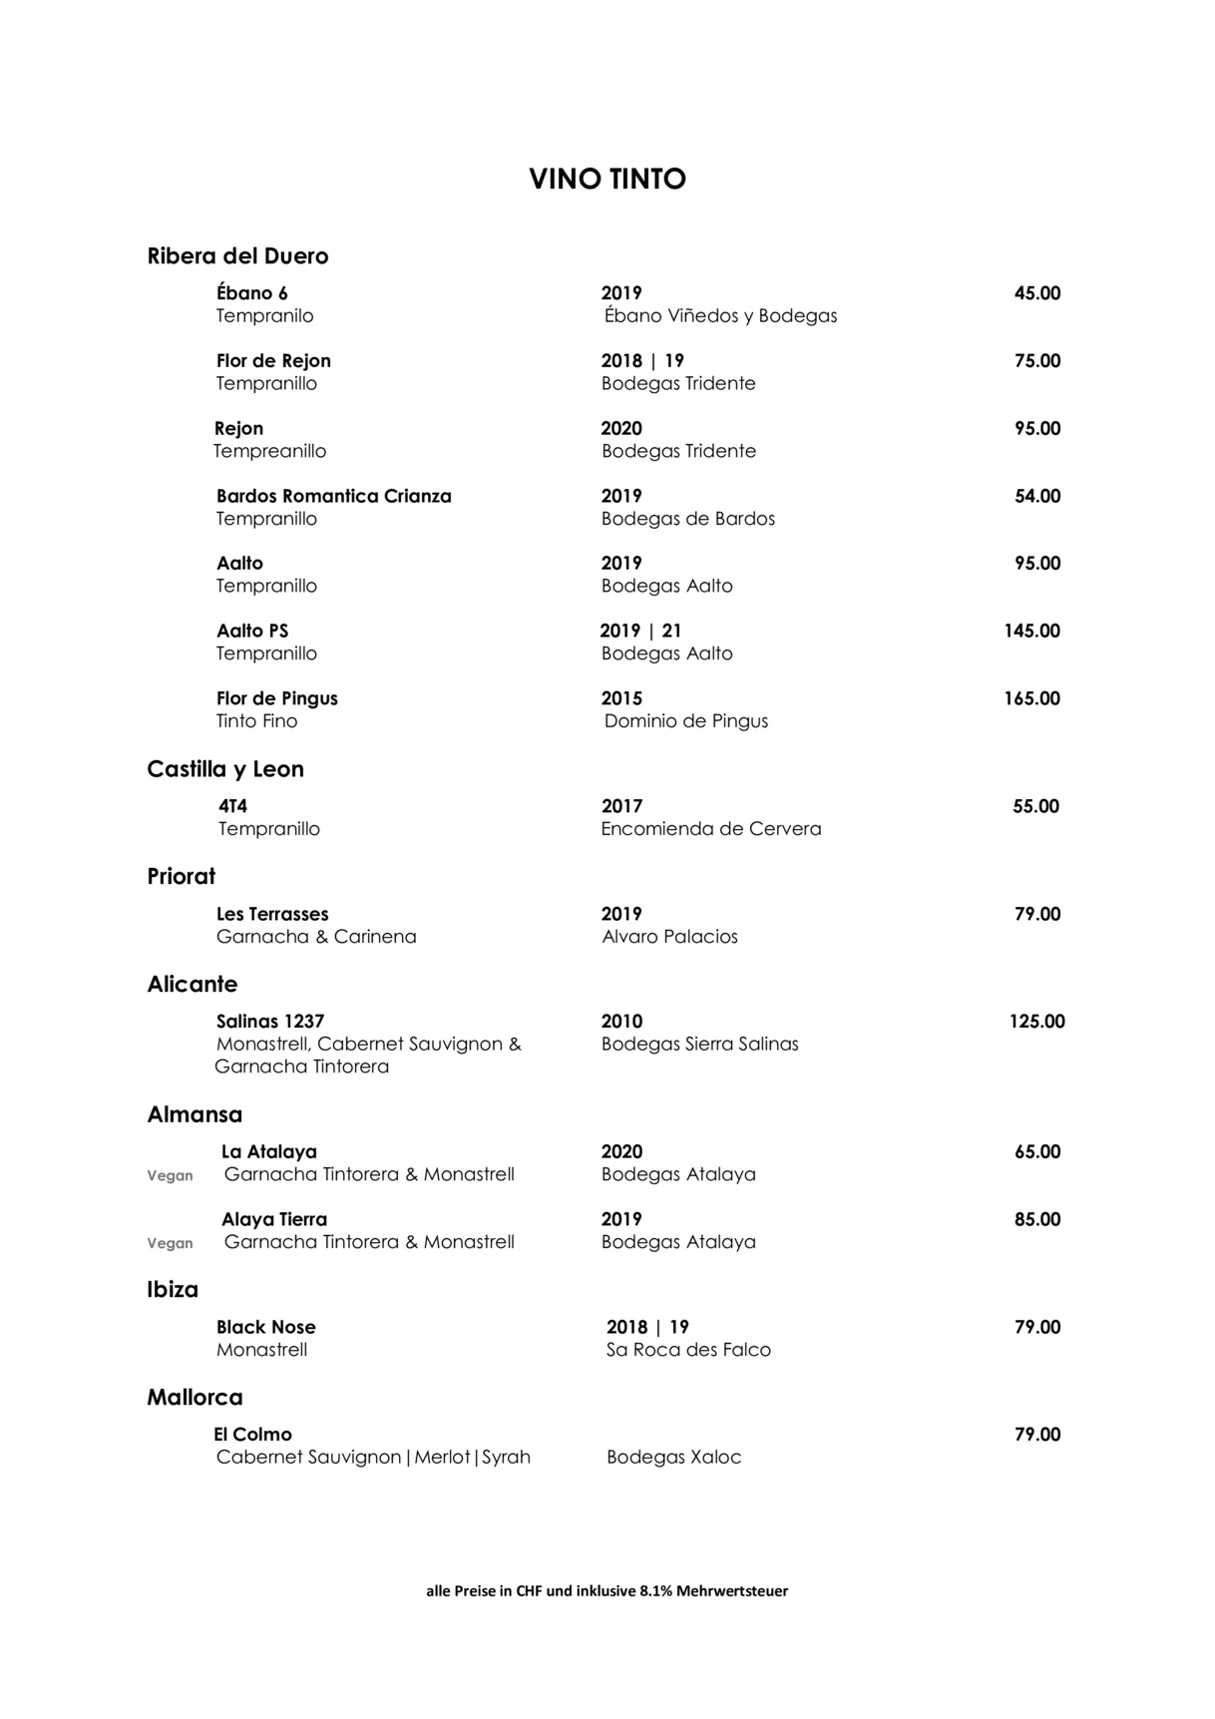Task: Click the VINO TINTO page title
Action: click(x=607, y=180)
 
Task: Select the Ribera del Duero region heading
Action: click(x=237, y=256)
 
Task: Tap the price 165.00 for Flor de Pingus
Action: click(x=1031, y=698)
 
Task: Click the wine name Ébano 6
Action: click(x=252, y=293)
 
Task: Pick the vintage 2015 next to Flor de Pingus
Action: click(x=621, y=698)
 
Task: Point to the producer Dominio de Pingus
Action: click(x=686, y=721)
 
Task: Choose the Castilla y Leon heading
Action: click(x=225, y=769)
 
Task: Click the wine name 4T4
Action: click(x=232, y=806)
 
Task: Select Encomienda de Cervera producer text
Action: click(x=711, y=829)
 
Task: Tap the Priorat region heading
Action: click(x=182, y=877)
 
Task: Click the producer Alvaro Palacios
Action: click(x=669, y=937)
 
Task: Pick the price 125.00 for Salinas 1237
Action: click(x=1036, y=1022)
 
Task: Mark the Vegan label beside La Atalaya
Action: click(x=170, y=1176)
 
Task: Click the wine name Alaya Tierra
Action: click(x=274, y=1219)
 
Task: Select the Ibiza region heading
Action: click(x=173, y=1290)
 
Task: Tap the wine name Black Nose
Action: click(x=265, y=1328)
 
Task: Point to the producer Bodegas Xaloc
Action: click(x=673, y=1458)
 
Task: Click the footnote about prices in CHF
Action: click(x=607, y=1591)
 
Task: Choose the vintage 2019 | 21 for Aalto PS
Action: click(x=640, y=632)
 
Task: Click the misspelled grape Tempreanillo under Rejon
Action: click(x=269, y=452)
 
